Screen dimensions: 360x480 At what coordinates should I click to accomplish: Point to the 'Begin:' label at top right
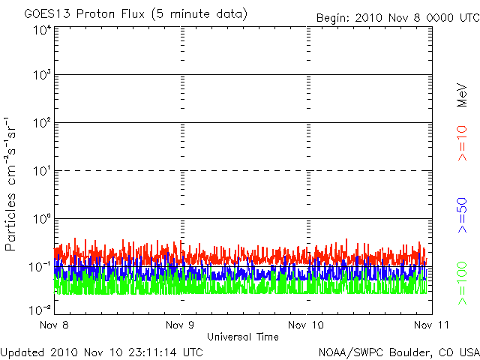pyautogui.click(x=334, y=17)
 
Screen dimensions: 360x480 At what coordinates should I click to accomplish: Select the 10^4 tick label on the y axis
pyautogui.click(x=41, y=30)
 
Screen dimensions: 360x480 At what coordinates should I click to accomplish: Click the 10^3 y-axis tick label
pyautogui.click(x=41, y=75)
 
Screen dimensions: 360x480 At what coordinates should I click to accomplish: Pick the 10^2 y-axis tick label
pyautogui.click(x=41, y=123)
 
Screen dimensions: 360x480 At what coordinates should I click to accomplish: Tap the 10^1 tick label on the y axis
pyautogui.click(x=41, y=171)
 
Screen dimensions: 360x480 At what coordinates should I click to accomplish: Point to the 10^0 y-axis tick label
pyautogui.click(x=41, y=219)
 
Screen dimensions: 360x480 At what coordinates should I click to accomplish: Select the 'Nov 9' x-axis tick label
pyautogui.click(x=181, y=325)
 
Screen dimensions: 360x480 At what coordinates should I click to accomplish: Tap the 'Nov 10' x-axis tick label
pyautogui.click(x=306, y=325)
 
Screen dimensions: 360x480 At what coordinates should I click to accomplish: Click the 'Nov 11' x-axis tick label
pyautogui.click(x=430, y=325)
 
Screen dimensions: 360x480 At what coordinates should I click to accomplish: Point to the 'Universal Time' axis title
pyautogui.click(x=243, y=337)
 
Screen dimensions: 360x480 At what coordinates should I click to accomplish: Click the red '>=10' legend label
pyautogui.click(x=463, y=143)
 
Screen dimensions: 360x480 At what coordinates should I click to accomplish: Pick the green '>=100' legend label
pyautogui.click(x=463, y=286)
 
